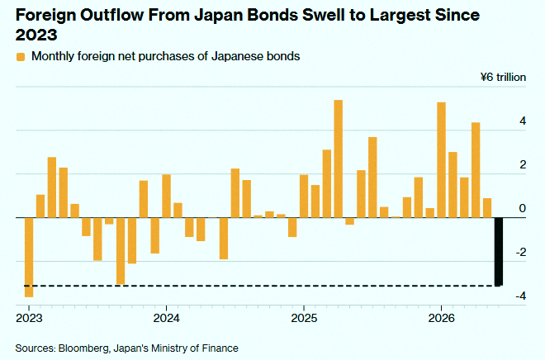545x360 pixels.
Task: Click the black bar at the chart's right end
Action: pyautogui.click(x=499, y=252)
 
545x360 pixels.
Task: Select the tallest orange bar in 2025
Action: pyautogui.click(x=339, y=159)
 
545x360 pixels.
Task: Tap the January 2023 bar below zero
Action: pyautogui.click(x=29, y=257)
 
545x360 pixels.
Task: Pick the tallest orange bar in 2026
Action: pyautogui.click(x=441, y=160)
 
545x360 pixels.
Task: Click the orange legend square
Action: pyautogui.click(x=21, y=57)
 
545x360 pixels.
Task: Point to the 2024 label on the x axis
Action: pyautogui.click(x=167, y=318)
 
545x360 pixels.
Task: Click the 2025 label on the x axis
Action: pyautogui.click(x=304, y=318)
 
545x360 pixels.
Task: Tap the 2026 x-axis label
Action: pyautogui.click(x=442, y=318)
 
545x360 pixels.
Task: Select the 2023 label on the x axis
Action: pyautogui.click(x=29, y=318)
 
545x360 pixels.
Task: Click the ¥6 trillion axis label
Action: pyautogui.click(x=503, y=77)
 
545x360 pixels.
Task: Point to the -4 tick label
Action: pyautogui.click(x=521, y=296)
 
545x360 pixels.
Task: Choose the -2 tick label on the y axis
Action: pyautogui.click(x=521, y=253)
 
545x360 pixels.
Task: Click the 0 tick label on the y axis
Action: pyautogui.click(x=523, y=209)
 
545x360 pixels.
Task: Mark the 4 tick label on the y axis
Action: pyautogui.click(x=523, y=121)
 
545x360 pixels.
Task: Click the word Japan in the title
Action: pyautogui.click(x=218, y=16)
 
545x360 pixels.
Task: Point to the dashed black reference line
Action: pyautogui.click(x=263, y=286)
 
